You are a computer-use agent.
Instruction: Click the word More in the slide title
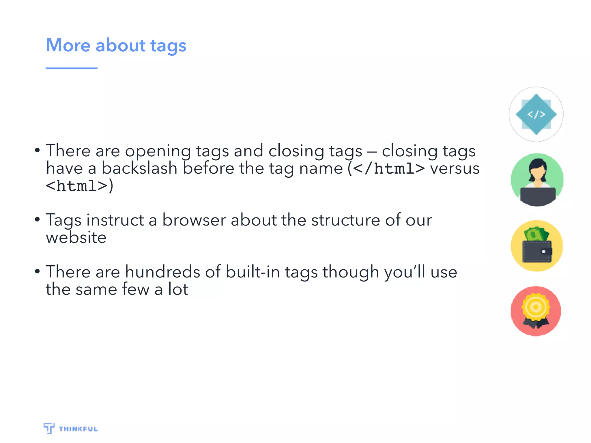click(x=68, y=45)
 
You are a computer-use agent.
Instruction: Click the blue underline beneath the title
click(x=71, y=68)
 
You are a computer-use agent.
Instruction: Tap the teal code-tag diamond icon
click(x=536, y=114)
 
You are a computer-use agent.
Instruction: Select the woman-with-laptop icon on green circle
click(x=537, y=180)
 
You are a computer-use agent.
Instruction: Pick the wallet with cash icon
click(x=537, y=246)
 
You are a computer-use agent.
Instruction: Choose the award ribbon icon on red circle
click(x=536, y=311)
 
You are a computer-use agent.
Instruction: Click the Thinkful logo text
click(x=78, y=429)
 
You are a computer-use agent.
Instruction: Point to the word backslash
click(x=139, y=168)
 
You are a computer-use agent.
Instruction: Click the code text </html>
click(x=389, y=168)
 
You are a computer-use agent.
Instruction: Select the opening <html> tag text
click(x=77, y=186)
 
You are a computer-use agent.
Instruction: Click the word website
click(x=76, y=238)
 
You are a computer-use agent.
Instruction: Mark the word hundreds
click(x=162, y=272)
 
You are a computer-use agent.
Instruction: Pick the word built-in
click(x=253, y=272)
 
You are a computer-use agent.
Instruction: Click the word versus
click(x=455, y=168)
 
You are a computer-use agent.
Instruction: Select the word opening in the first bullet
click(x=158, y=151)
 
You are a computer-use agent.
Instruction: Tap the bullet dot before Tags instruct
click(x=37, y=219)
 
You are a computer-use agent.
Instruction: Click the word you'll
click(x=405, y=272)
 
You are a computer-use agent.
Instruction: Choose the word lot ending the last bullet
click(x=178, y=289)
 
